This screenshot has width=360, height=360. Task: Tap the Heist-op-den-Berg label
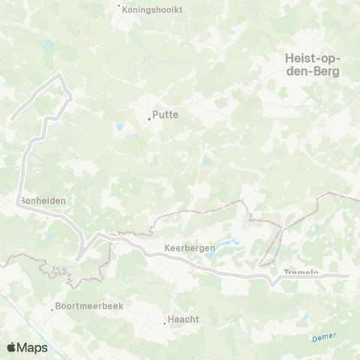pyautogui.click(x=313, y=64)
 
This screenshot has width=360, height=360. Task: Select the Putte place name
pyautogui.click(x=165, y=115)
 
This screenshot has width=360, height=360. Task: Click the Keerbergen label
pyautogui.click(x=189, y=247)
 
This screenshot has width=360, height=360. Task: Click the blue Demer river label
pyautogui.click(x=324, y=337)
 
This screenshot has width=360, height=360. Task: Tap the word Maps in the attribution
pyautogui.click(x=33, y=347)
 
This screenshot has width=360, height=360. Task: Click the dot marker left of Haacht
pyautogui.click(x=165, y=323)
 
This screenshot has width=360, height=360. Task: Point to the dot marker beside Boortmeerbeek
pyautogui.click(x=53, y=307)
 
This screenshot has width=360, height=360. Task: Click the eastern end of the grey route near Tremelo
pyautogui.click(x=346, y=276)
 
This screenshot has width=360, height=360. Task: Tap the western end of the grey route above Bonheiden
pyautogui.click(x=13, y=118)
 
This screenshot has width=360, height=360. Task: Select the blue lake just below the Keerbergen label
pyautogui.click(x=212, y=256)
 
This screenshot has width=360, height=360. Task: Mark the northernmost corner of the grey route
pyautogui.click(x=60, y=75)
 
